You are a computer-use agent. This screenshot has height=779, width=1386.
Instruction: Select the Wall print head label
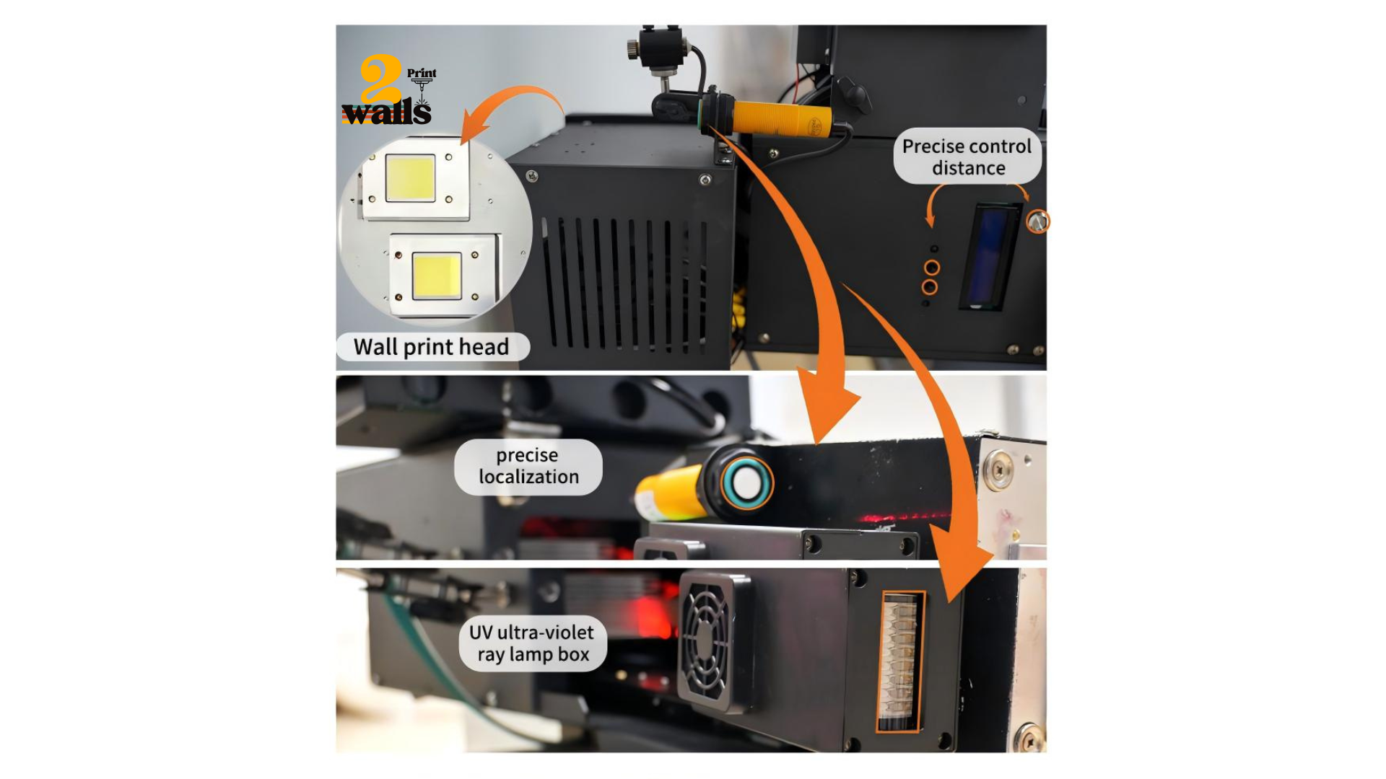[x=432, y=347]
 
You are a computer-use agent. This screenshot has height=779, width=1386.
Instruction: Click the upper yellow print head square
[x=410, y=178]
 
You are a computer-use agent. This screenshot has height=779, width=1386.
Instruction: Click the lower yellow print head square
[x=437, y=276]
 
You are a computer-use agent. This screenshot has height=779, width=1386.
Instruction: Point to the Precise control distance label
[x=967, y=157]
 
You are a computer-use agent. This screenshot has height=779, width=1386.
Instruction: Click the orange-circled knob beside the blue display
[x=1037, y=221]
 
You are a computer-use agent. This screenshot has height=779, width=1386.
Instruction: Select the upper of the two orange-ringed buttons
[x=932, y=268]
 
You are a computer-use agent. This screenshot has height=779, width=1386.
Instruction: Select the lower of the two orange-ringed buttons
[x=930, y=287]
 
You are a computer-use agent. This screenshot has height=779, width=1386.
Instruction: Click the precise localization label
[x=528, y=466]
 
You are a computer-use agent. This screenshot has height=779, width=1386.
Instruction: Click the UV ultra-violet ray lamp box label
[x=532, y=643]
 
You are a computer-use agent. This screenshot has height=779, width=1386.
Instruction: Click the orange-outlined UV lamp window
[x=900, y=661]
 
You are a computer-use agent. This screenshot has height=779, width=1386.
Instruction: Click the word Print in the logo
[x=422, y=74]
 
